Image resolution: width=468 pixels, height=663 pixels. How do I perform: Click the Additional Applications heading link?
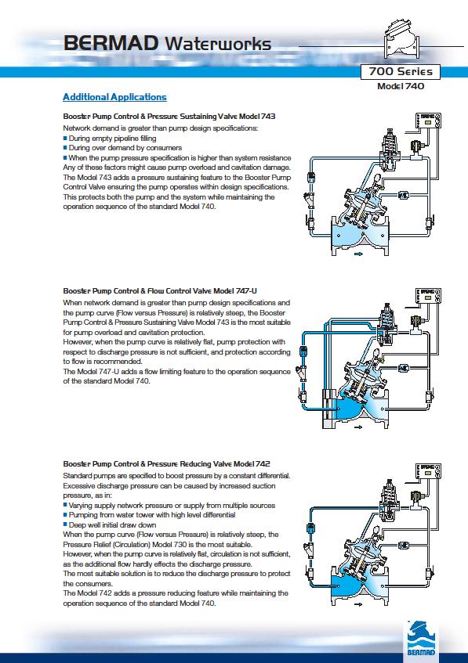pos(114,97)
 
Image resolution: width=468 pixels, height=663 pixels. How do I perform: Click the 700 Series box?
pos(401,71)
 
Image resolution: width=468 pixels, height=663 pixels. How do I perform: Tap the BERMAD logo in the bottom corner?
pos(420,638)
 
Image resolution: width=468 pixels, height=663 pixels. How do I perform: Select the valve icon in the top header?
pos(401,39)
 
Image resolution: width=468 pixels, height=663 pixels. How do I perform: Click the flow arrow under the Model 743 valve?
pos(358,254)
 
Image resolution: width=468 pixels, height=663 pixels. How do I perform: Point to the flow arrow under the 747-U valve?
pos(358,427)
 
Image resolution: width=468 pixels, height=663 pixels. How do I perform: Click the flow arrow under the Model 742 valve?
pos(358,604)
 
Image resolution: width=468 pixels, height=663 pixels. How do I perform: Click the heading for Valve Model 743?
pos(169,117)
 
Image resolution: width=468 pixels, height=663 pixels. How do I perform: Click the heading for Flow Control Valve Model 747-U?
pos(160,291)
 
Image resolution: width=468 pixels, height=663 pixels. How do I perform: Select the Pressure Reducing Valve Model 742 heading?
pos(166,464)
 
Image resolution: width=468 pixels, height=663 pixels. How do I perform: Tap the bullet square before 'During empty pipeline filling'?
pos(65,139)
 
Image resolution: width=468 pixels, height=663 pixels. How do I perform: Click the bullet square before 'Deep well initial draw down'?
pos(65,524)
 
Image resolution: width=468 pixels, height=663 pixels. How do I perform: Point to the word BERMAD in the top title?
pos(111,43)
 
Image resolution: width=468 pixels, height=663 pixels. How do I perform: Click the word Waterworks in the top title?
pos(218,44)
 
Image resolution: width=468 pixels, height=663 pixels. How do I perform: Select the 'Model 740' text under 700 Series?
pos(401,86)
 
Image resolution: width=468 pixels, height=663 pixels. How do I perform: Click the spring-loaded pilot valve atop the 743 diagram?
pos(388,149)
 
